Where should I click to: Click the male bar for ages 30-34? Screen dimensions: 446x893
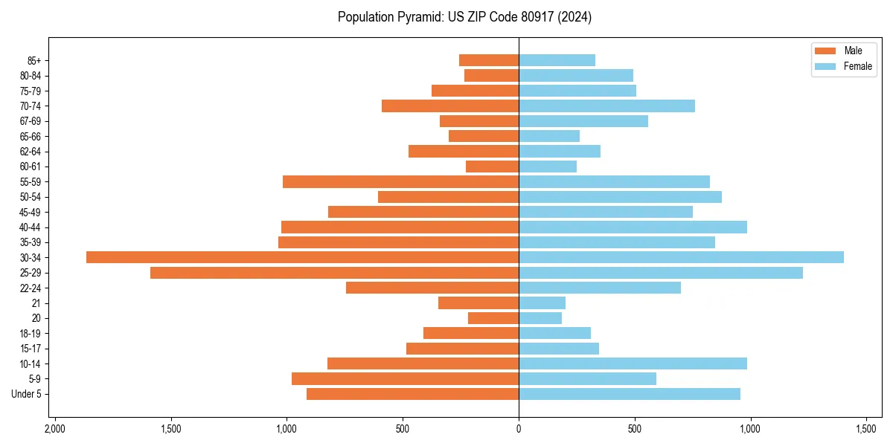pyautogui.click(x=302, y=257)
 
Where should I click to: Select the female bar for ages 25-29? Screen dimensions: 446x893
pyautogui.click(x=660, y=273)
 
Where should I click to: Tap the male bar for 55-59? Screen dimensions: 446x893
pyautogui.click(x=400, y=181)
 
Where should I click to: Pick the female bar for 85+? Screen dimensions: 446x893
pyautogui.click(x=557, y=60)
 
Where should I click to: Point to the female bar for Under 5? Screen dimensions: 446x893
pyautogui.click(x=629, y=394)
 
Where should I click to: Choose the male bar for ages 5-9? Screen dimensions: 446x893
pyautogui.click(x=405, y=379)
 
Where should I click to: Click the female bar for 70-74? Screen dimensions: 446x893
pyautogui.click(x=606, y=106)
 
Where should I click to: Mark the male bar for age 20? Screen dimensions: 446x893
pyautogui.click(x=493, y=318)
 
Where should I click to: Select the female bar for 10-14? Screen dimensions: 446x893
pyautogui.click(x=633, y=363)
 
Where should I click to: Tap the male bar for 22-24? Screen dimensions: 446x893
pyautogui.click(x=432, y=288)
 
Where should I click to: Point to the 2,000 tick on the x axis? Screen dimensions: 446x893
pyautogui.click(x=54, y=429)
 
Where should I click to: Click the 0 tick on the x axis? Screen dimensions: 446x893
pyautogui.click(x=519, y=429)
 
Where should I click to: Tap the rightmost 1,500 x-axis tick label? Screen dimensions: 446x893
pyautogui.click(x=865, y=429)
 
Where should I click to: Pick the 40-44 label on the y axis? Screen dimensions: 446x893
pyautogui.click(x=31, y=227)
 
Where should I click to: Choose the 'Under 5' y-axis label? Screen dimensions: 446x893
pyautogui.click(x=26, y=394)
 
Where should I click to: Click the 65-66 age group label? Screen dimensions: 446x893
pyautogui.click(x=31, y=136)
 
